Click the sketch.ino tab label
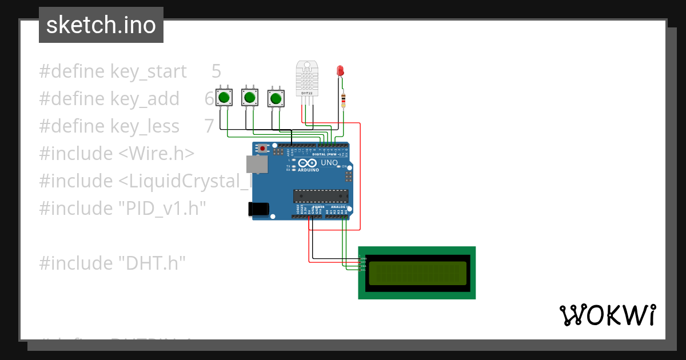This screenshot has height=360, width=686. (101, 25)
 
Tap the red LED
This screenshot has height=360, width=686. (340, 71)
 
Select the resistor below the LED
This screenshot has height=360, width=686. (343, 100)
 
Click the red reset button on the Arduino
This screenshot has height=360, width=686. (262, 149)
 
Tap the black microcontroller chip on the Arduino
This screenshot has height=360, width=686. (320, 196)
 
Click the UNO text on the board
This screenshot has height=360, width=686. (329, 163)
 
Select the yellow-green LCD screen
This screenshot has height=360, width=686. (417, 273)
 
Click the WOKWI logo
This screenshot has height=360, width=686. (607, 315)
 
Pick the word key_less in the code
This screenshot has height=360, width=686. (145, 126)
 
